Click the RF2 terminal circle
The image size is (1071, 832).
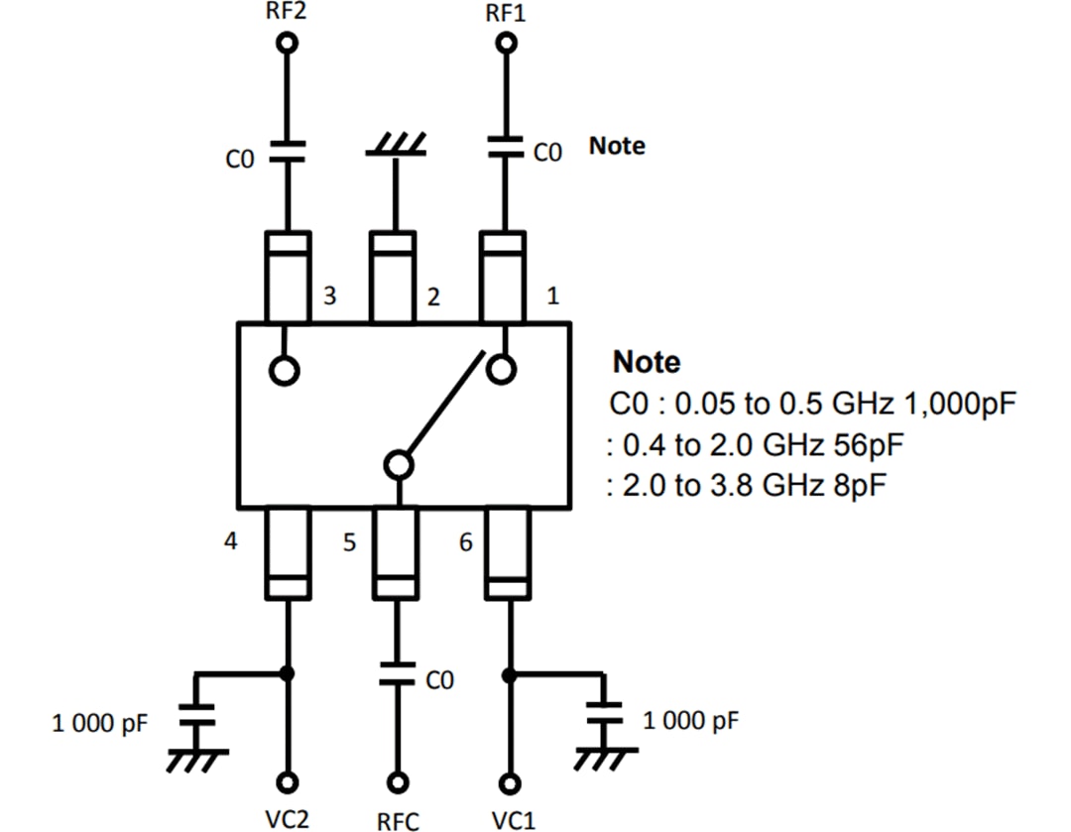click(x=288, y=43)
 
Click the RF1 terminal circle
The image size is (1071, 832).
click(x=507, y=43)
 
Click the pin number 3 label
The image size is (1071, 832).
click(x=329, y=296)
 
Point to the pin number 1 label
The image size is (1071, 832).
click(x=552, y=296)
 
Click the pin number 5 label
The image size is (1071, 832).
click(x=349, y=543)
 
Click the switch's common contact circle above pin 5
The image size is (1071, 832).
click(x=398, y=464)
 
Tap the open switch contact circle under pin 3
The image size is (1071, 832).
click(x=285, y=370)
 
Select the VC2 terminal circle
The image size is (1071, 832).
click(x=288, y=780)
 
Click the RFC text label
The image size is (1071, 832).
click(x=398, y=821)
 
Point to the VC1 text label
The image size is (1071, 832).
click(x=514, y=820)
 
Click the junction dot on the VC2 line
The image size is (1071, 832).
click(x=288, y=673)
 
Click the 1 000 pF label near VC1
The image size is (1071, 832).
click(x=690, y=720)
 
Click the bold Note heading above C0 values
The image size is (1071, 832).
click(x=647, y=362)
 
